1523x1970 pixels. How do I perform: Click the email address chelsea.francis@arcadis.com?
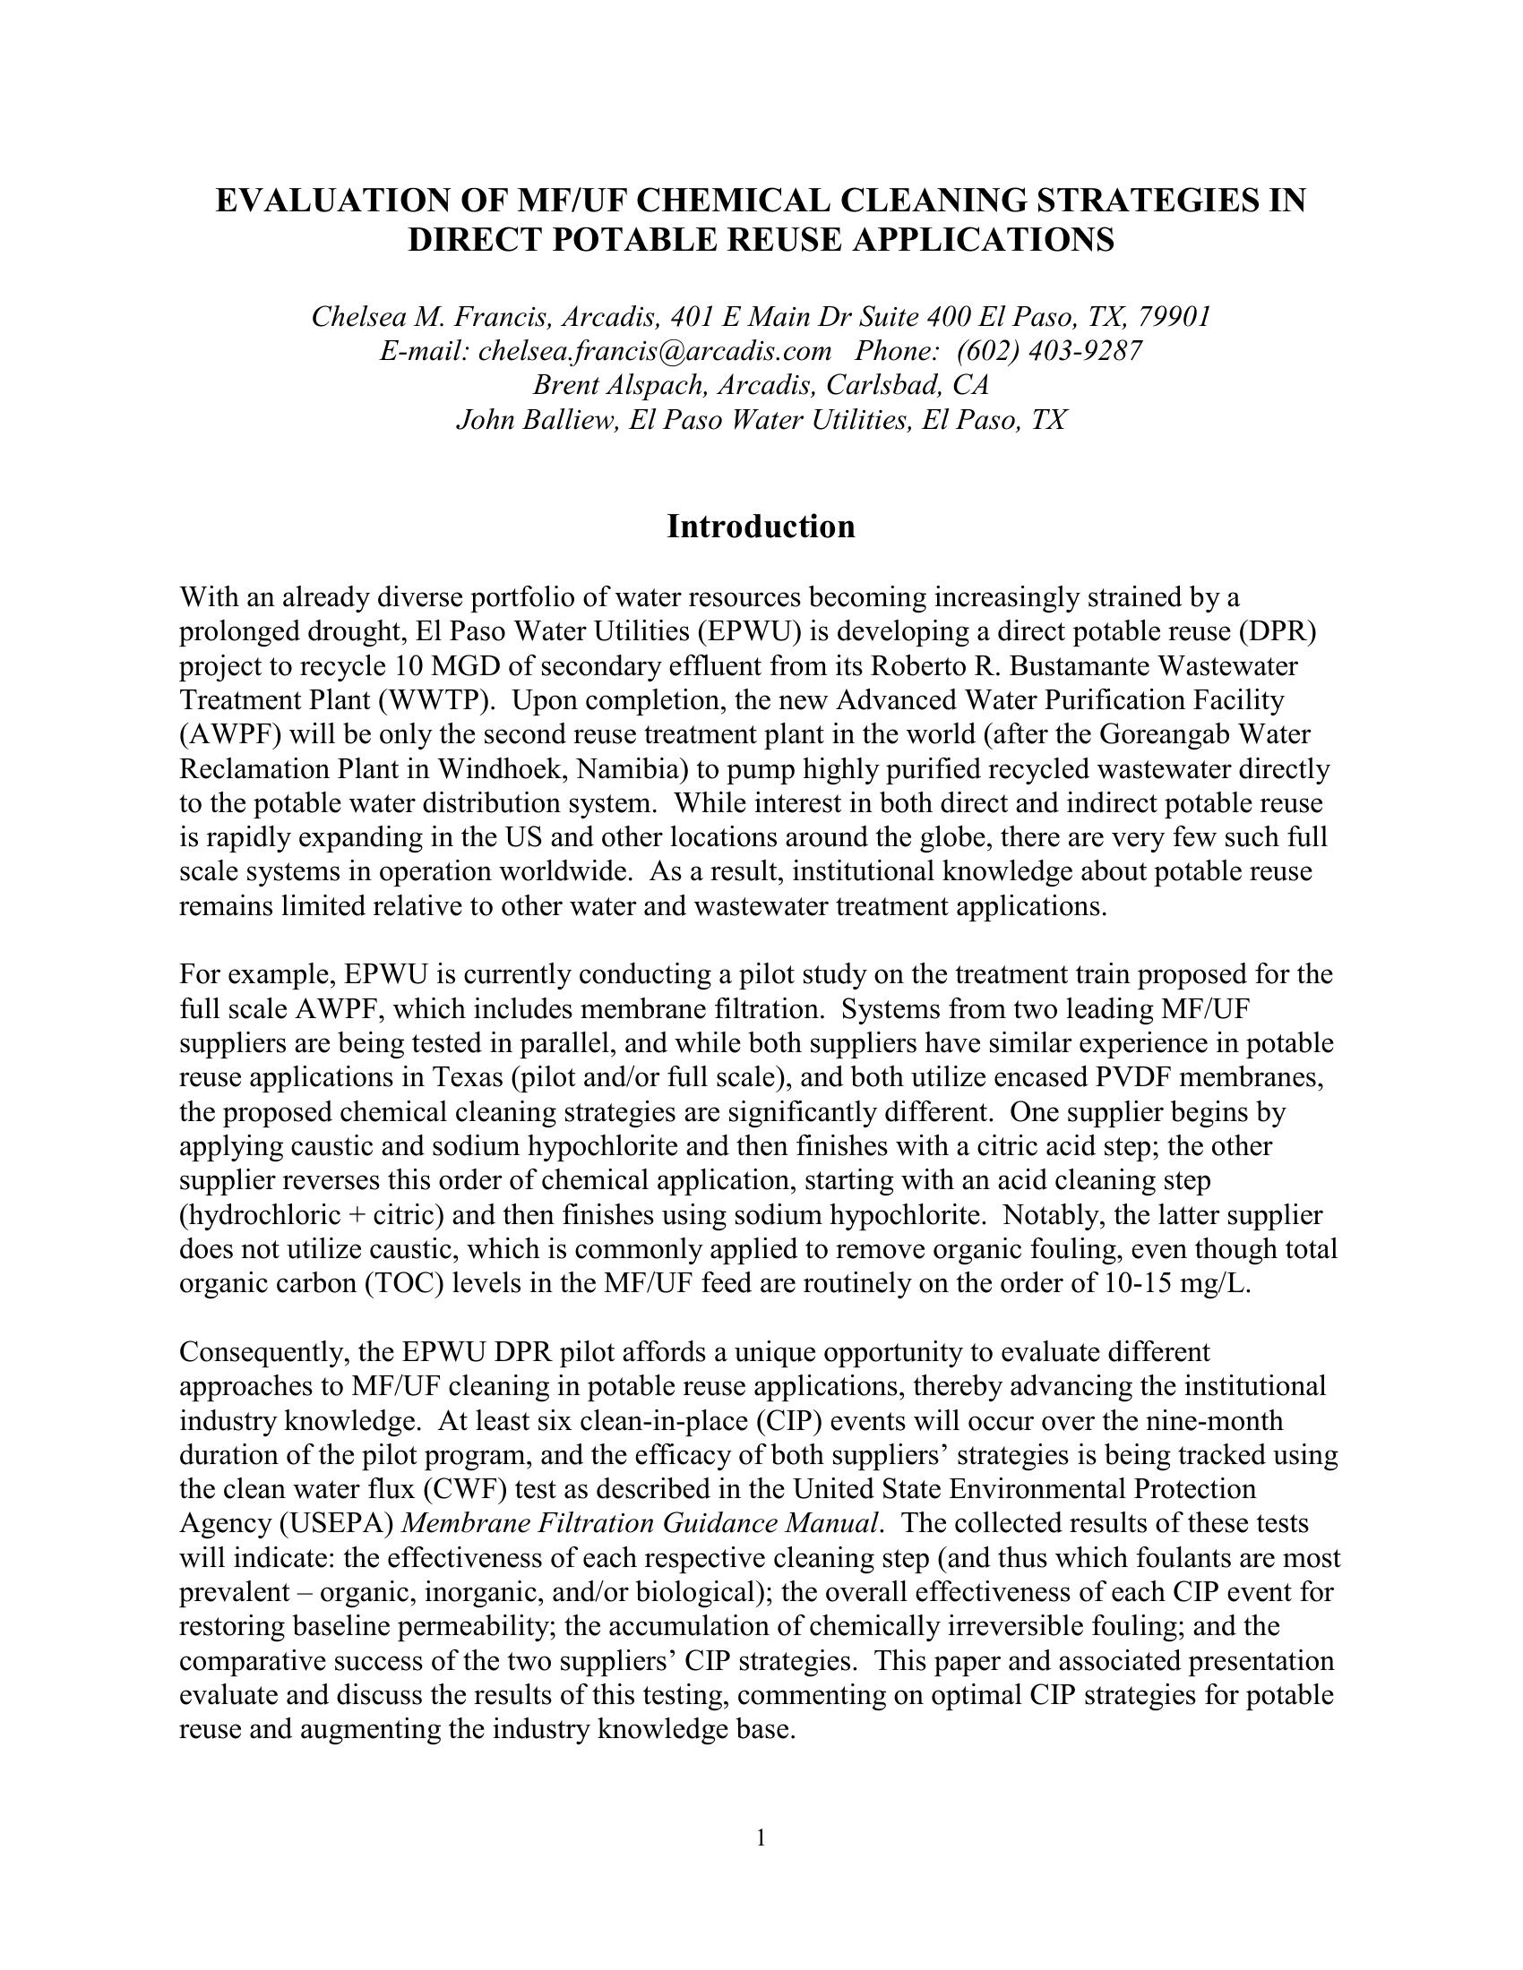pyautogui.click(x=654, y=351)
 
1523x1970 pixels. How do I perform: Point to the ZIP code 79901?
pyautogui.click(x=1173, y=317)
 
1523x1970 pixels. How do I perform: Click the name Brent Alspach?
pyautogui.click(x=621, y=385)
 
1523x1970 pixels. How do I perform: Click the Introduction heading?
pyautogui.click(x=761, y=527)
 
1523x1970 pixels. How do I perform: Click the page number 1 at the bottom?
pyautogui.click(x=761, y=1837)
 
